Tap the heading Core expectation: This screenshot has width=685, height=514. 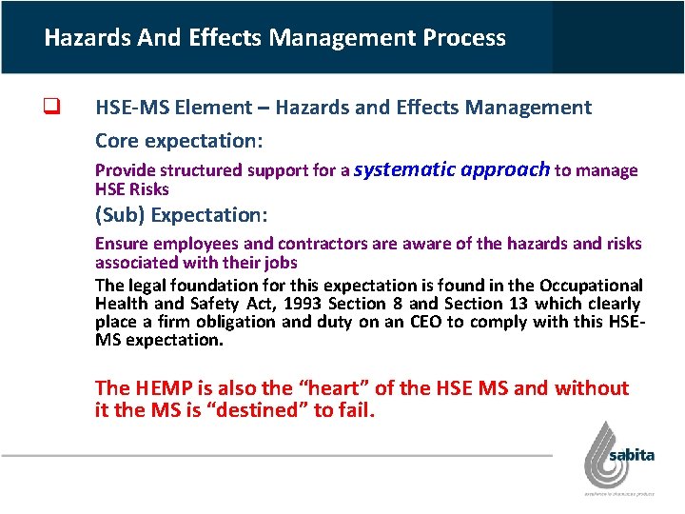pos(179,141)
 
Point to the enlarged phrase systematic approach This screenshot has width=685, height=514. pos(452,169)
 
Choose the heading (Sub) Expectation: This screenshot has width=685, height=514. pos(182,215)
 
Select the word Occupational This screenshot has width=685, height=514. pos(591,286)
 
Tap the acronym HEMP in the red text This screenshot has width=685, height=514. pos(158,388)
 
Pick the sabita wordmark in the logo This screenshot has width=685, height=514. pos(632,455)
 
